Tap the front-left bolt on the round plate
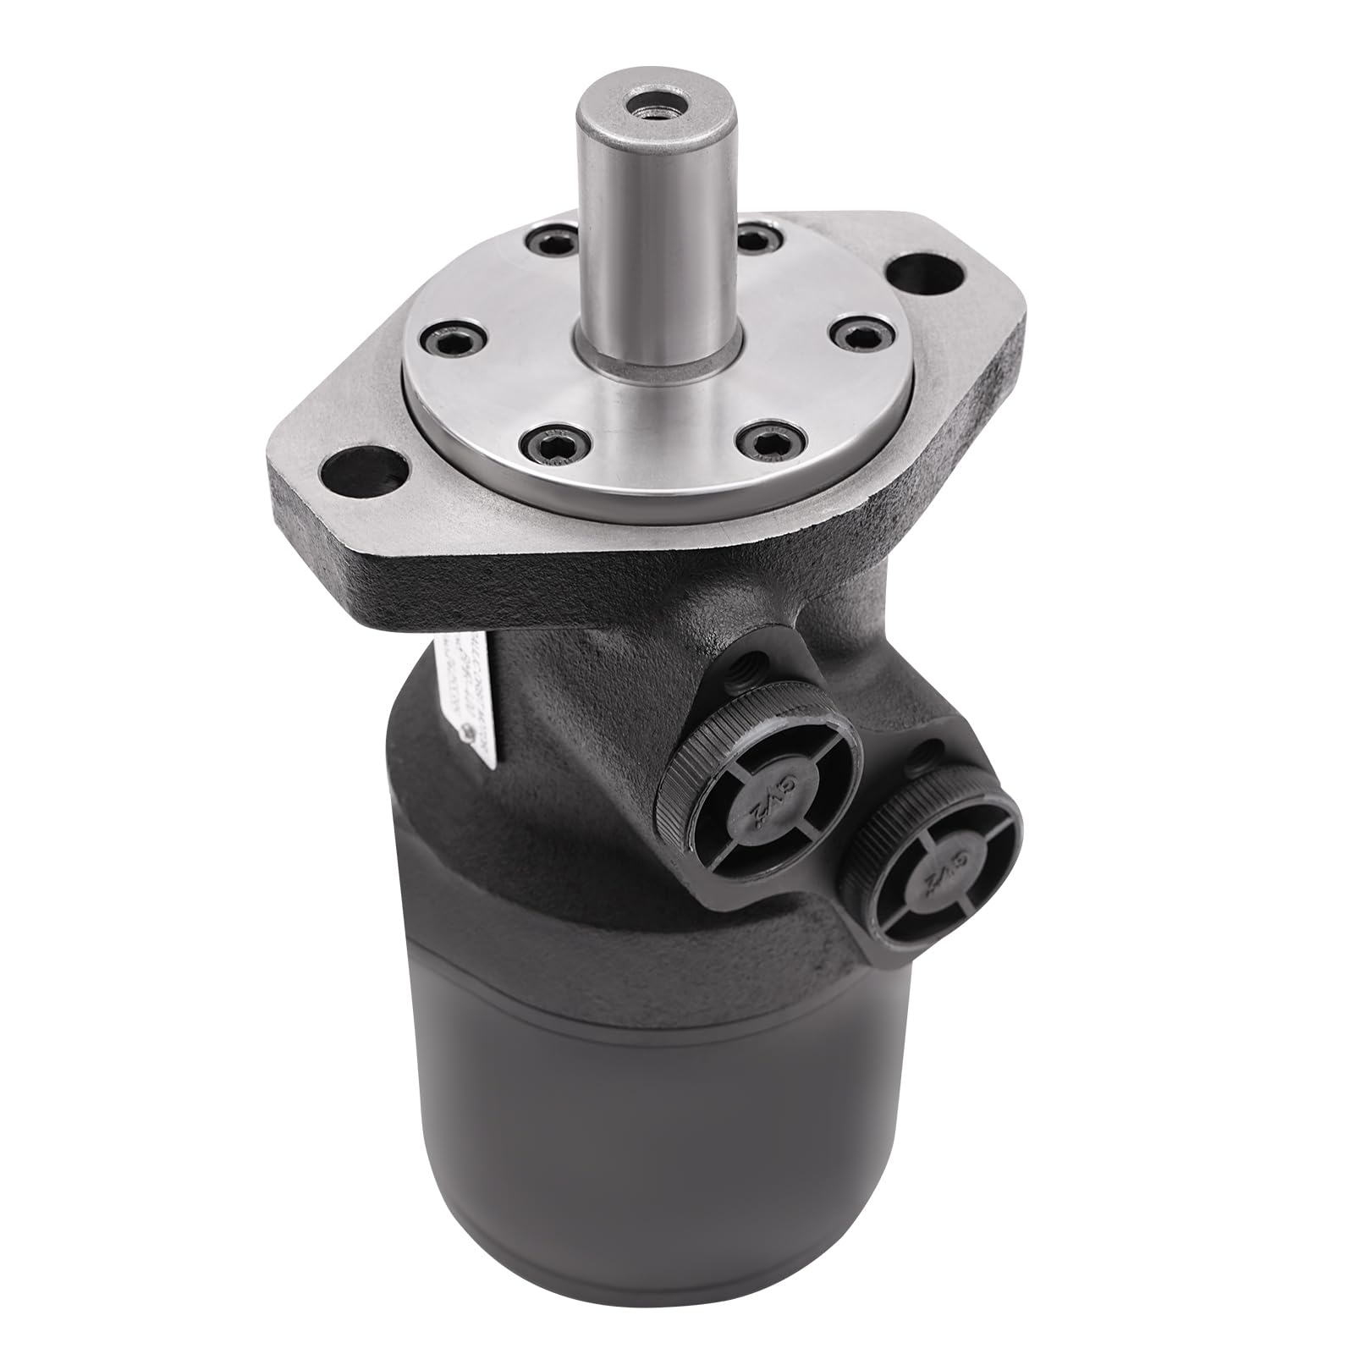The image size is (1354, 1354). point(543,440)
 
